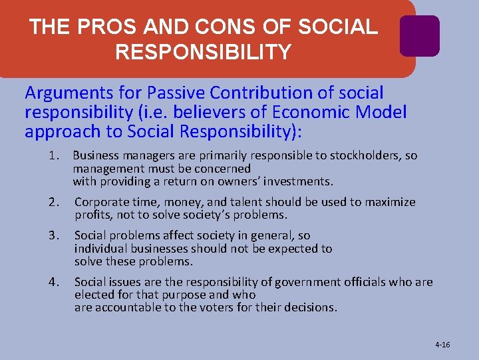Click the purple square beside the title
pos(419,36)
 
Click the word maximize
pos(391,202)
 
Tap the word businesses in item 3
pos(152,249)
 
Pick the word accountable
pos(124,307)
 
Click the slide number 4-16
pos(442,345)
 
